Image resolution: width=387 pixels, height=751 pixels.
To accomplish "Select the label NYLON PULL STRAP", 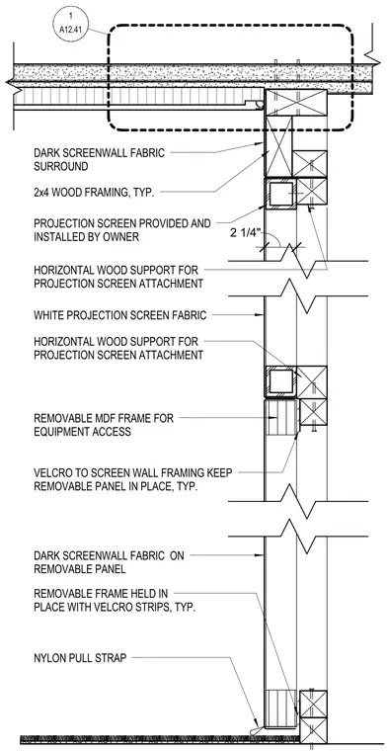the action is [80, 658].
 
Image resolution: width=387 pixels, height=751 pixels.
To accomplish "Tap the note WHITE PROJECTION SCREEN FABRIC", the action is [120, 315].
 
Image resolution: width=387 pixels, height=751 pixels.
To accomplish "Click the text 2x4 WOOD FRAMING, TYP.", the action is [93, 193].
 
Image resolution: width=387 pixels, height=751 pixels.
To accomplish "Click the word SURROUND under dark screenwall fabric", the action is [61, 167].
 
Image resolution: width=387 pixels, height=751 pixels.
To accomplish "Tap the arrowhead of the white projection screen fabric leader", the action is [262, 315].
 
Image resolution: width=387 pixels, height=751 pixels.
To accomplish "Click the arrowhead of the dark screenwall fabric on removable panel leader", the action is [262, 555].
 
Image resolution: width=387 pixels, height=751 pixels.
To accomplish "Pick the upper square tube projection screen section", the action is [280, 195].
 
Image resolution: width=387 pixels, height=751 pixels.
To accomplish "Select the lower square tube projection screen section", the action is [280, 382].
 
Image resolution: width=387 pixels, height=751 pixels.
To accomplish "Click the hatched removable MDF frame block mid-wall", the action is [281, 418].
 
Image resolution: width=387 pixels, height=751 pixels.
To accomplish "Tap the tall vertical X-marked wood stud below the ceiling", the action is [278, 146].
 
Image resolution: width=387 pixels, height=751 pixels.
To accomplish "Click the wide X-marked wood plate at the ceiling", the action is [296, 103].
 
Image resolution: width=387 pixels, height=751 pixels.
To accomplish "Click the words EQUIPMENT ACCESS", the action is [82, 432].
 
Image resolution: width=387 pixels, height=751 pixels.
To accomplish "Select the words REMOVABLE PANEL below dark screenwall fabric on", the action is [79, 569].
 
